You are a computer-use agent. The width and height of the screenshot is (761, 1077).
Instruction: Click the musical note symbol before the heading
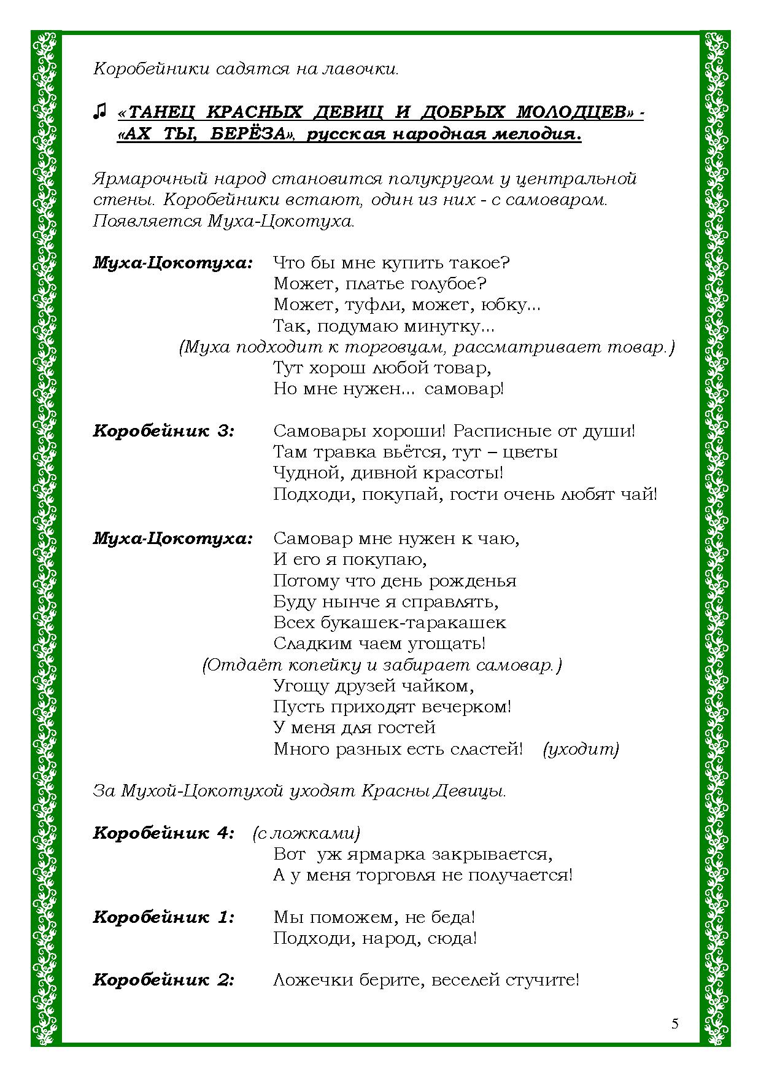pyautogui.click(x=99, y=111)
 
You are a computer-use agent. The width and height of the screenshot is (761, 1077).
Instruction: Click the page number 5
pyautogui.click(x=675, y=1024)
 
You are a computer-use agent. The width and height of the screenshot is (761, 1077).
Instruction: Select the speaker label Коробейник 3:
pyautogui.click(x=164, y=430)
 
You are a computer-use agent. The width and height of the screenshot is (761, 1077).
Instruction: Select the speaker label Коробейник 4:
pyautogui.click(x=164, y=833)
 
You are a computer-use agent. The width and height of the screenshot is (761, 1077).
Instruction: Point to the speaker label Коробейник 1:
pyautogui.click(x=164, y=917)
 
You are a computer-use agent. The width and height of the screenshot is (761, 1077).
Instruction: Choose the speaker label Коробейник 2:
pyautogui.click(x=164, y=979)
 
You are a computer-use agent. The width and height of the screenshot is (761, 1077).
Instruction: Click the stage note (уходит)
pyautogui.click(x=581, y=749)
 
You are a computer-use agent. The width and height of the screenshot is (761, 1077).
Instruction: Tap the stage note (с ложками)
pyautogui.click(x=306, y=833)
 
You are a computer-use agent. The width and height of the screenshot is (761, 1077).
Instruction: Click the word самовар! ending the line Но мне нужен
pyautogui.click(x=464, y=389)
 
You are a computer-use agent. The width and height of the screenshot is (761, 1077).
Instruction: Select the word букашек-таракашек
pyautogui.click(x=413, y=623)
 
